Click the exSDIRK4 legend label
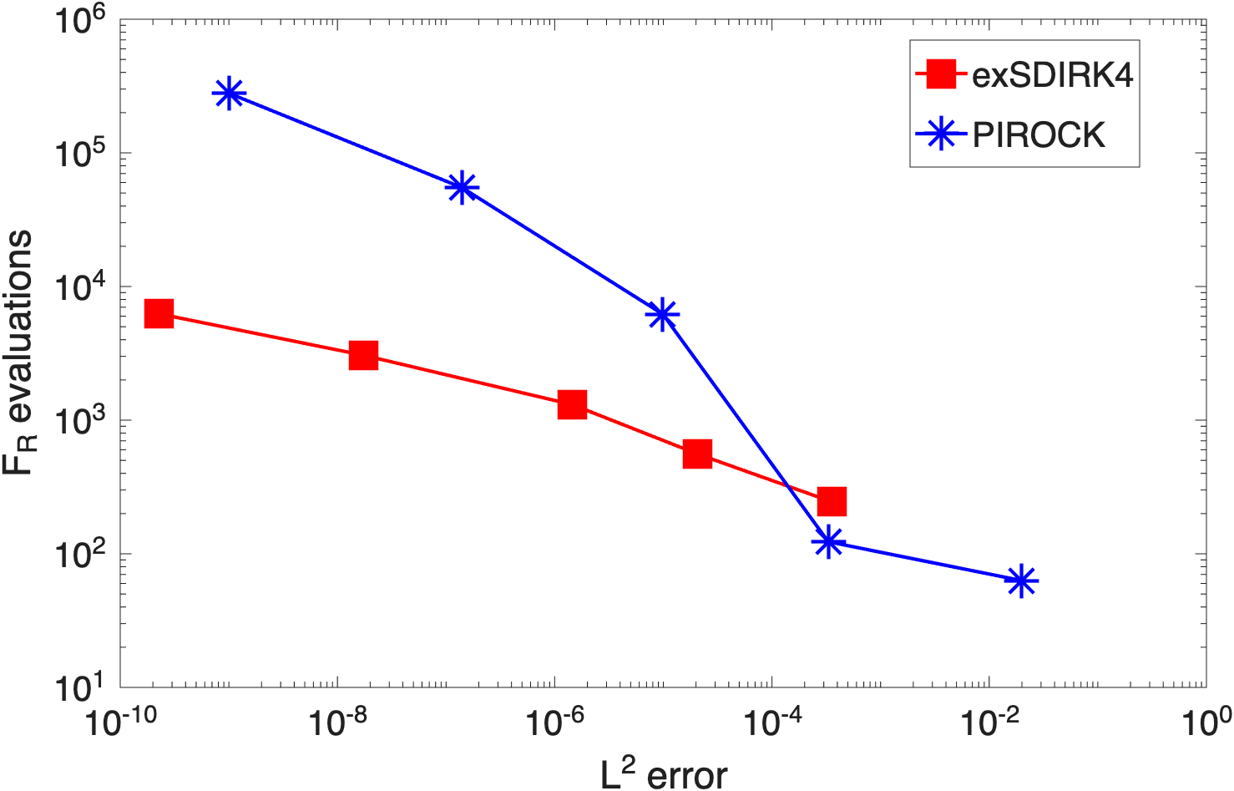tap(1052, 74)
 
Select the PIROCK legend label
tap(1039, 134)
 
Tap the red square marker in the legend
tap(941, 74)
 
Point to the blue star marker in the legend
tap(941, 134)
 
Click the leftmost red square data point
tap(159, 314)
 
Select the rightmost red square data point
tap(832, 501)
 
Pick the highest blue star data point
tap(229, 94)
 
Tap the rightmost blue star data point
tap(1021, 581)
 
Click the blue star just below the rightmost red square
tap(828, 542)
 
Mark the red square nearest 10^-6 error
tap(573, 404)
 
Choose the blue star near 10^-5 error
tap(662, 314)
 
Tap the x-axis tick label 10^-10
tap(121, 723)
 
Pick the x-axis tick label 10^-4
tap(772, 723)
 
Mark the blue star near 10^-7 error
tap(462, 187)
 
